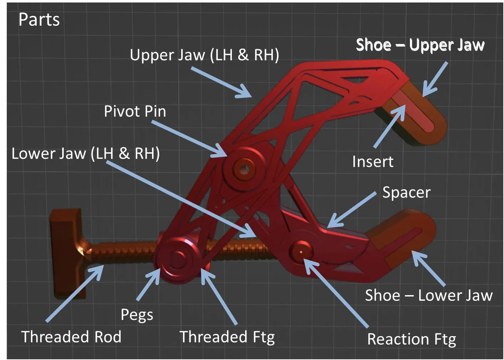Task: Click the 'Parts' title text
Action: (x=39, y=19)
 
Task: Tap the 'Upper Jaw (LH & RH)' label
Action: (x=204, y=55)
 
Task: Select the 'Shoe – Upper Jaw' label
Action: (x=420, y=45)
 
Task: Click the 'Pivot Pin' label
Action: (x=135, y=112)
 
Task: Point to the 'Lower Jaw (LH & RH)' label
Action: (x=85, y=154)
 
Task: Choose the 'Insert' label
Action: (x=373, y=162)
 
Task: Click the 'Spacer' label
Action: (x=406, y=192)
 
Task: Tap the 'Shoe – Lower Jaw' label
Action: (x=429, y=295)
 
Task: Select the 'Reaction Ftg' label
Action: (x=411, y=339)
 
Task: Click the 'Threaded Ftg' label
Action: (x=227, y=337)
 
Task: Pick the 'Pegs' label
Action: (x=137, y=315)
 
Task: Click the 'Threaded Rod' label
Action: (x=71, y=337)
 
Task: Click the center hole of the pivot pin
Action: (x=244, y=169)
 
